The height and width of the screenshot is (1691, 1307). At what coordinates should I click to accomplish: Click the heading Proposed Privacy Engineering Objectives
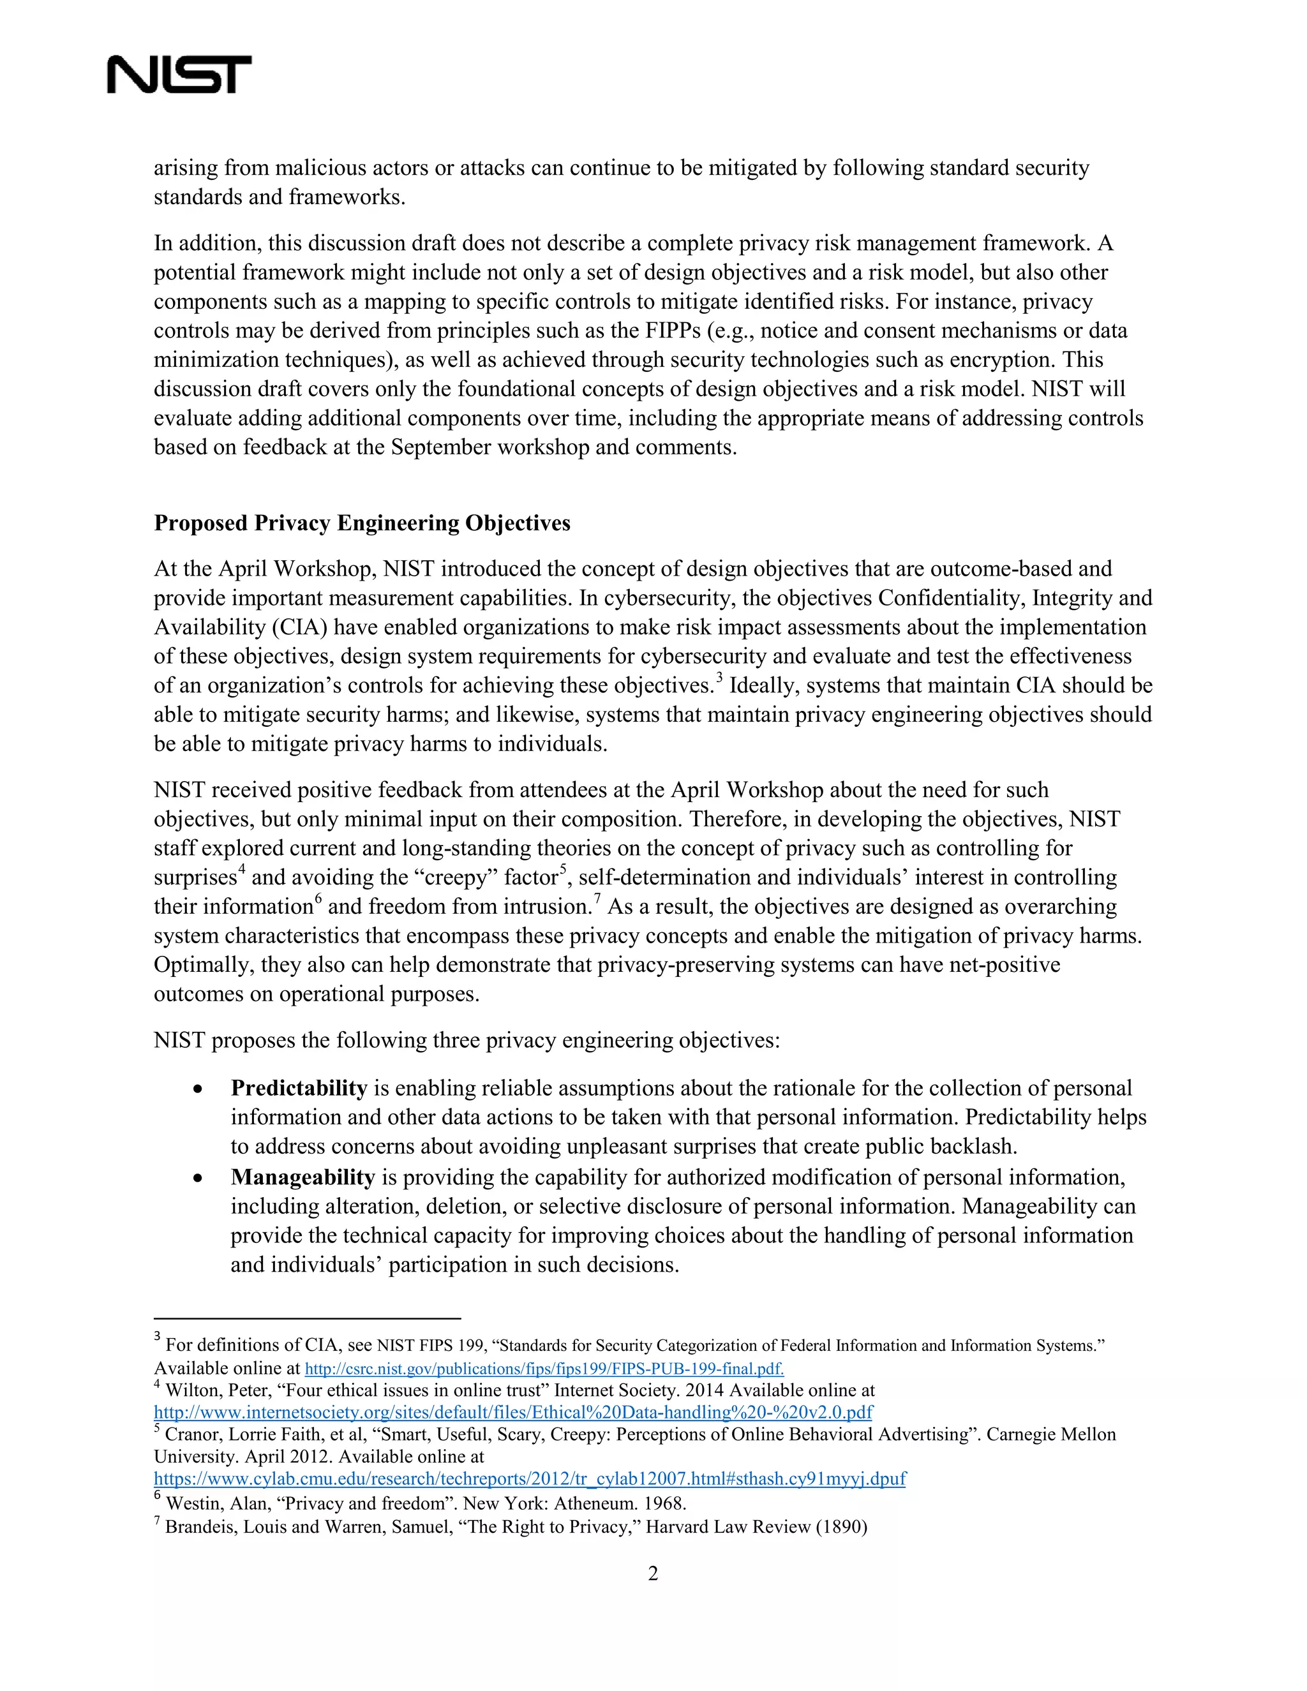[x=362, y=523]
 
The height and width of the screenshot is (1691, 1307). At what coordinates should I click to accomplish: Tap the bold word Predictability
[x=299, y=1088]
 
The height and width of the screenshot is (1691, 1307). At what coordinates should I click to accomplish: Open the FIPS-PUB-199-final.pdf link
[x=544, y=1368]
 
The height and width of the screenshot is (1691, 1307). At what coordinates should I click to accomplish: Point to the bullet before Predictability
[x=199, y=1089]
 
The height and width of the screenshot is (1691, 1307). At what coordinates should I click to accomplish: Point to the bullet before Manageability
[x=199, y=1179]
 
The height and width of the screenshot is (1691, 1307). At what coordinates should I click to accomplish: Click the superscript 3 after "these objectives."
[x=719, y=678]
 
